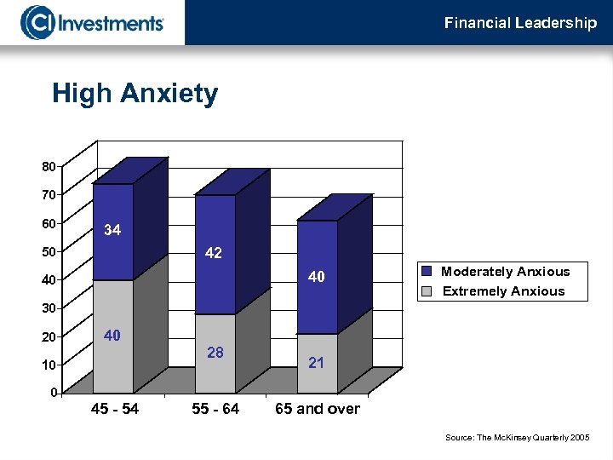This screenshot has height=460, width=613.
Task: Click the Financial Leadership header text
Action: pos(520,23)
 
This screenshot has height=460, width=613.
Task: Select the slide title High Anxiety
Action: pos(135,94)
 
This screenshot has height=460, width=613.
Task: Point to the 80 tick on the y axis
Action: pos(49,166)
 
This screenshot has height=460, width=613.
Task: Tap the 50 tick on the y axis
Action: pos(49,251)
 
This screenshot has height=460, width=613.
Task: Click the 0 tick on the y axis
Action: pos(53,393)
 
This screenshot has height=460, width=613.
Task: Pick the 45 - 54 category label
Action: pos(115,409)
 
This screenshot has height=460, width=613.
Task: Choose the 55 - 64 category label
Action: pos(215,409)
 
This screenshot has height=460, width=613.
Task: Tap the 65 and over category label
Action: pos(318,409)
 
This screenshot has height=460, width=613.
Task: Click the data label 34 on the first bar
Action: pos(112,230)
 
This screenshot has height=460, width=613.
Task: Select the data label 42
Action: pos(214,253)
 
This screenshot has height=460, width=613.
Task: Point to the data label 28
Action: pos(215,352)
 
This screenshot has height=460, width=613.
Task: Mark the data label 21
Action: pos(317,363)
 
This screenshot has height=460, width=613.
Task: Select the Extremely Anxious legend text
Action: pos(503,291)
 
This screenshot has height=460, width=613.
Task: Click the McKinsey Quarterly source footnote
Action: pos(517,437)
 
